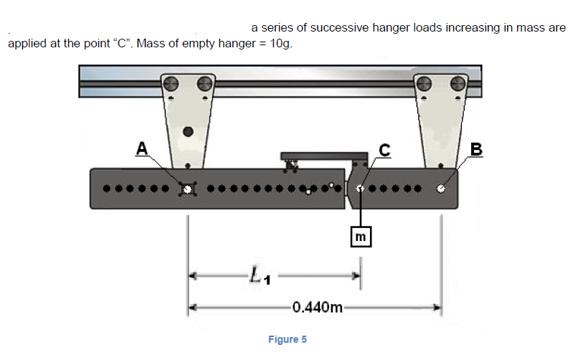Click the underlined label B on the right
click(x=476, y=149)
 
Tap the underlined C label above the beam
click(x=385, y=149)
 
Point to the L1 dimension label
click(x=258, y=274)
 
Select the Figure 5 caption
click(x=287, y=339)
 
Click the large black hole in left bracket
click(x=188, y=132)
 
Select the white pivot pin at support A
click(x=188, y=189)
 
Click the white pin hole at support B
click(x=440, y=189)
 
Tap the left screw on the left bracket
click(x=171, y=83)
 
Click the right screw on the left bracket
click(x=205, y=83)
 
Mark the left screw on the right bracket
click(x=424, y=83)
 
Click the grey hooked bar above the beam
click(x=316, y=156)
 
